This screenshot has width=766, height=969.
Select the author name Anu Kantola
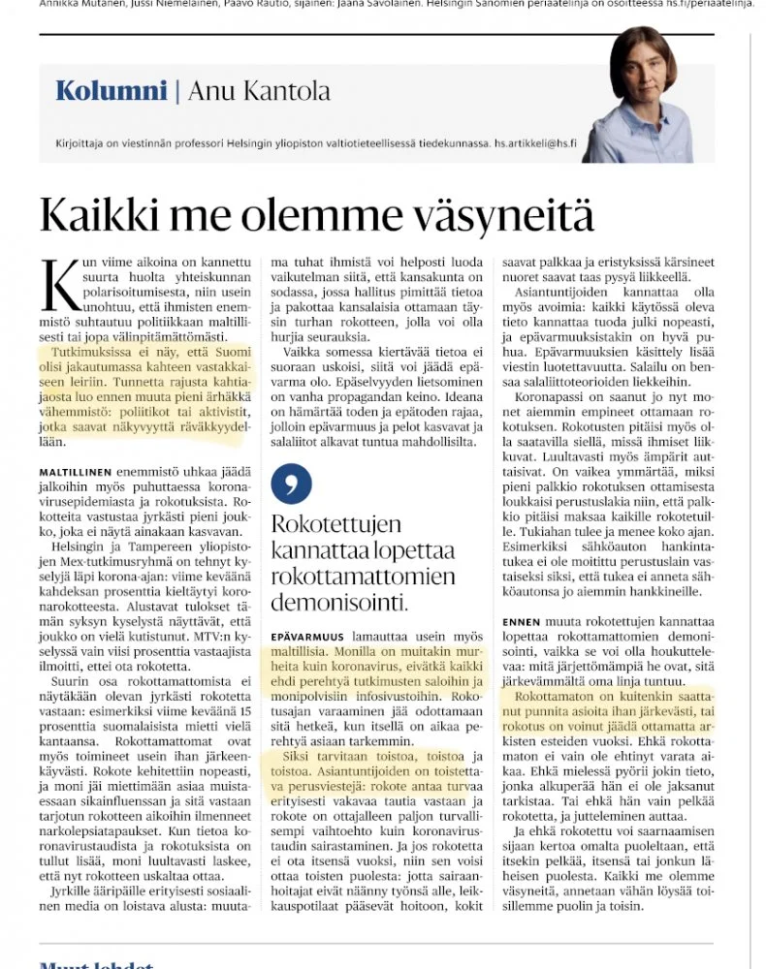pos(259,91)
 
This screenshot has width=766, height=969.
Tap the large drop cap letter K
pos(59,285)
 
